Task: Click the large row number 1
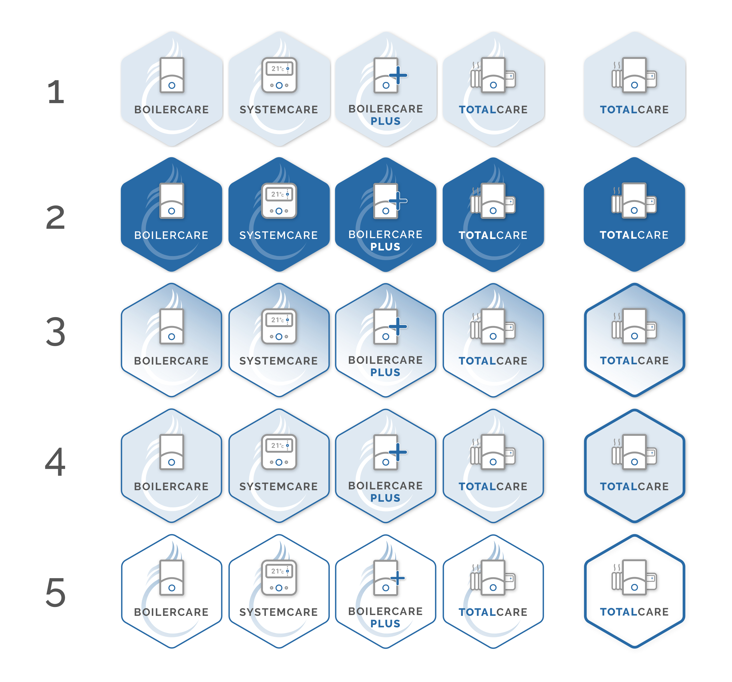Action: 56,92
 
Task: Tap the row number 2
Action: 56,218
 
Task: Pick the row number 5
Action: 56,592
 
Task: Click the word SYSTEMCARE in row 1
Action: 279,110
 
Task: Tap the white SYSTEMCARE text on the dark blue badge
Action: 279,235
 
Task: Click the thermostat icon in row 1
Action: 279,75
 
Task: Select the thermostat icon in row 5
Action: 279,578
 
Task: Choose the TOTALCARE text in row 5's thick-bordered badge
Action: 634,612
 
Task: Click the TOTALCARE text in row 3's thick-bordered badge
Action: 634,360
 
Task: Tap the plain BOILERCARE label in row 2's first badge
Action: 171,235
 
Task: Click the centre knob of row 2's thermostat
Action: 279,211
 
